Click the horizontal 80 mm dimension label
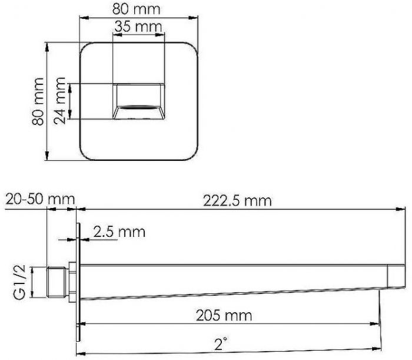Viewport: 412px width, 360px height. pyautogui.click(x=137, y=9)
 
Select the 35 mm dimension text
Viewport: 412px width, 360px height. pyautogui.click(x=138, y=27)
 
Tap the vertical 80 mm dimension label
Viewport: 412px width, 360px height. pyautogui.click(x=38, y=101)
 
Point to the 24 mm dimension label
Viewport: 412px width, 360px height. pyautogui.click(x=59, y=100)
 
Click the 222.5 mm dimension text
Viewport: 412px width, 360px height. pyautogui.click(x=237, y=201)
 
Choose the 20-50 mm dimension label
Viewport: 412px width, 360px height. pyautogui.click(x=40, y=199)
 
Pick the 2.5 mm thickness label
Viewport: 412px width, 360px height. pyautogui.click(x=119, y=232)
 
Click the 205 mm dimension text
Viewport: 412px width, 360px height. pyautogui.click(x=224, y=315)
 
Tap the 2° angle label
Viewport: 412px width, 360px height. pyautogui.click(x=220, y=344)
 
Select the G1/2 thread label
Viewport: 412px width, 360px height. pyautogui.click(x=20, y=282)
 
